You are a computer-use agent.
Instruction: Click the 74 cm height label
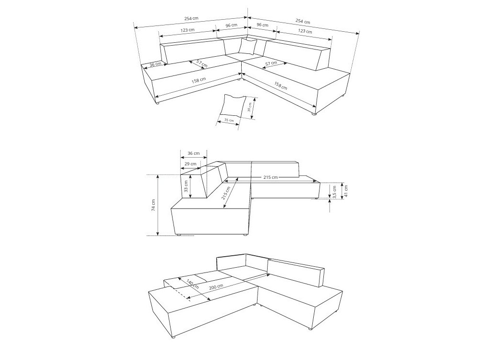point(153,205)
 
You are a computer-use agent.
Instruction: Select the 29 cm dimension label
point(190,164)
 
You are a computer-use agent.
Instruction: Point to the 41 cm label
point(346,190)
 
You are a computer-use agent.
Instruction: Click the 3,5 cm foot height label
point(334,192)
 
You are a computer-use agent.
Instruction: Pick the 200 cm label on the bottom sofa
point(216,287)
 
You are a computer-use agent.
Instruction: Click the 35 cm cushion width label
point(229,120)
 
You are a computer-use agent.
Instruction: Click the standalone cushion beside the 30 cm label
point(233,106)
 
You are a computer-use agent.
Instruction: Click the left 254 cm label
point(191,18)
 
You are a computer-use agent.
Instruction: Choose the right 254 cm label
point(303,21)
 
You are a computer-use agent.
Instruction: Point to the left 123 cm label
point(187,30)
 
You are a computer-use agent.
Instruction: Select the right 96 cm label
point(262,25)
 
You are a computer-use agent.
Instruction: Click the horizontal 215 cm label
point(271,177)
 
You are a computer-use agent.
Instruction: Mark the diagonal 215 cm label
point(227,193)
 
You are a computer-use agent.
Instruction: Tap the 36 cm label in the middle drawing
point(194,153)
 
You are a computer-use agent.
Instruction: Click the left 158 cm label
point(198,80)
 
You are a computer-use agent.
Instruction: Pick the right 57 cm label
point(271,63)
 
